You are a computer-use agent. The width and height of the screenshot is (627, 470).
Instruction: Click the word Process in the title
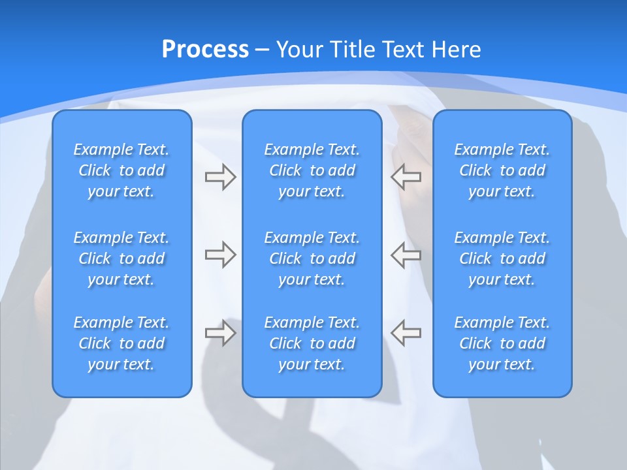point(205,50)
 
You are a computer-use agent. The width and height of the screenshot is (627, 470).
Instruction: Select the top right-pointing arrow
point(220,177)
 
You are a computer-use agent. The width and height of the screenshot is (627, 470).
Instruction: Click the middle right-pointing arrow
point(220,255)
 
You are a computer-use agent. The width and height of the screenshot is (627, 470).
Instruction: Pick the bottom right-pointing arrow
point(220,333)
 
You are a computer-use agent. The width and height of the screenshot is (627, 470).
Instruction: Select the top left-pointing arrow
point(406,177)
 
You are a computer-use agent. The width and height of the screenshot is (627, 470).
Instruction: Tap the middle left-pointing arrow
point(406,255)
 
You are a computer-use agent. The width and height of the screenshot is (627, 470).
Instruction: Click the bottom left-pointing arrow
point(406,333)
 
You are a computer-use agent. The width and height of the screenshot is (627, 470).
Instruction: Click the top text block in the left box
point(121,170)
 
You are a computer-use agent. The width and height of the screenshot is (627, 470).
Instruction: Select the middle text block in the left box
point(121,258)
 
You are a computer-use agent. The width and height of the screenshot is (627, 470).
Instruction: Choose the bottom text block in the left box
point(121,343)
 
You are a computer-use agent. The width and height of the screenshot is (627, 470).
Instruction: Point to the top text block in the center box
point(312,170)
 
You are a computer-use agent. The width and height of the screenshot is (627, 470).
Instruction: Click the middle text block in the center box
point(312,258)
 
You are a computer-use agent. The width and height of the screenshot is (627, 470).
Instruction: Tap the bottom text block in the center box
point(312,343)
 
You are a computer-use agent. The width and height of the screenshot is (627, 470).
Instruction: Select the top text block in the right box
point(502,170)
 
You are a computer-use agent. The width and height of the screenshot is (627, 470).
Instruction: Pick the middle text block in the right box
point(502,258)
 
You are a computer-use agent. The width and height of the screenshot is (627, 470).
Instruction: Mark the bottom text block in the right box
point(502,343)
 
